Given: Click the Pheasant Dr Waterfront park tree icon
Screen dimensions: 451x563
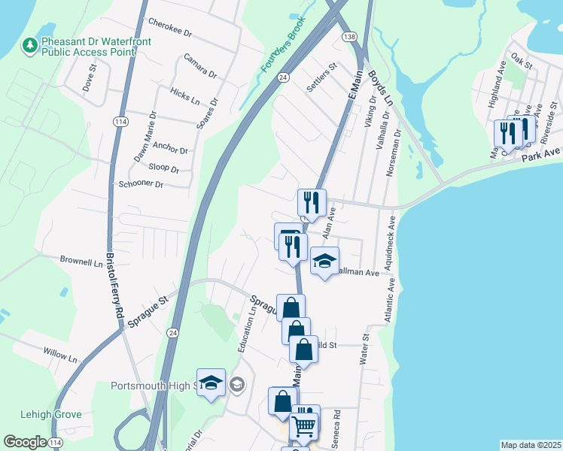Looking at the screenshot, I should click(x=30, y=46).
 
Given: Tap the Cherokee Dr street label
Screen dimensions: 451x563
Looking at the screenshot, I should click(x=171, y=29).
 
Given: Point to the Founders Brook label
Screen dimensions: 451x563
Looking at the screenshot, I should click(x=283, y=45).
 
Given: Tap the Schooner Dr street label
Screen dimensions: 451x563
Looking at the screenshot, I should click(x=141, y=184).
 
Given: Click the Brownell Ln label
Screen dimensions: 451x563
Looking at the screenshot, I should click(x=81, y=260).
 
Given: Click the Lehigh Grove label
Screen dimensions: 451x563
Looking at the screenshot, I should click(x=51, y=414).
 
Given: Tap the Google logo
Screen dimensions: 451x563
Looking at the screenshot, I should click(x=25, y=443).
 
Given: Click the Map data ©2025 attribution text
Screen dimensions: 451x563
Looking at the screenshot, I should click(x=531, y=445).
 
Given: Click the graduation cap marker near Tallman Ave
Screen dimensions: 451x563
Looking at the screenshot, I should click(x=324, y=262).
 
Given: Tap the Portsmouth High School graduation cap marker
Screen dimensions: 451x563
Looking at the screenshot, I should click(x=212, y=383).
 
